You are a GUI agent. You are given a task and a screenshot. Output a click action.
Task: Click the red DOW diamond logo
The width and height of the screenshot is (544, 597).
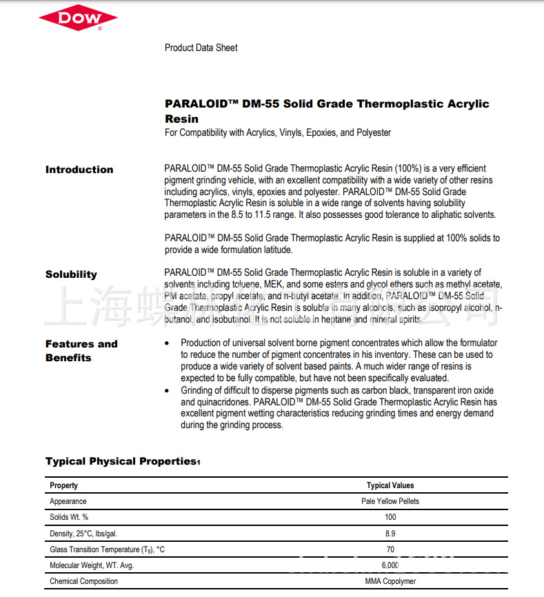coord(79,19)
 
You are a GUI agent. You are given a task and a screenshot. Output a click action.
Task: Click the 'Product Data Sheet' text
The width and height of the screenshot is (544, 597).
coord(201,48)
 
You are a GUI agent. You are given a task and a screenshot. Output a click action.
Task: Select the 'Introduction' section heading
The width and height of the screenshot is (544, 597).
coord(79,170)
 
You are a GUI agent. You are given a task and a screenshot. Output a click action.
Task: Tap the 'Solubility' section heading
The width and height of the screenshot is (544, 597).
coord(71,274)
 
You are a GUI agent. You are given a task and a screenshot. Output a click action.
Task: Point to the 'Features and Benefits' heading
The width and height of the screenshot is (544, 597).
coord(81,350)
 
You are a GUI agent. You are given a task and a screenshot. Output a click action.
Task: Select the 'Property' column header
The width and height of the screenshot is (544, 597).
coord(63,485)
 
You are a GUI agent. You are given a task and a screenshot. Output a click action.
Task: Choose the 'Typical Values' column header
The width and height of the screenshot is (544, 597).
coord(390,485)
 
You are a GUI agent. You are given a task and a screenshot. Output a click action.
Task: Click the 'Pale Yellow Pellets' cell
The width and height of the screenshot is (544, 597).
coord(390,501)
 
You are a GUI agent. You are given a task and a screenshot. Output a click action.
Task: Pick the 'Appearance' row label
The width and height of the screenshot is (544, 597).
coord(68,501)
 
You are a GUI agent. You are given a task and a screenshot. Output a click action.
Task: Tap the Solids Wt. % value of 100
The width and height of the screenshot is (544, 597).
coord(390,517)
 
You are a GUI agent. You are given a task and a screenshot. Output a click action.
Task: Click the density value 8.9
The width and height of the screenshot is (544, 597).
coord(390,533)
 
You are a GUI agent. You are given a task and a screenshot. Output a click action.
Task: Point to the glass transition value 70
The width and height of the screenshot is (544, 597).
coord(390,549)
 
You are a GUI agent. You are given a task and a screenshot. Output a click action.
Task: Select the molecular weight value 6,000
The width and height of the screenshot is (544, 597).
coord(390,565)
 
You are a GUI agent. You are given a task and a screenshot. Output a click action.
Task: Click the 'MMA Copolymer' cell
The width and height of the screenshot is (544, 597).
coord(390,581)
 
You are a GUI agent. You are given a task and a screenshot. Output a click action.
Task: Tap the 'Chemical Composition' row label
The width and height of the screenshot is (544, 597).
coord(83,581)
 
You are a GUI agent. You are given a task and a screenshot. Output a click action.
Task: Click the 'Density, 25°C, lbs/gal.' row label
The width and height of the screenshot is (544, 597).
coord(88,533)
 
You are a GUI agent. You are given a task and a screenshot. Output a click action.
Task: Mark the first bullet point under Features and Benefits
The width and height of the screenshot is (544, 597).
coord(168,343)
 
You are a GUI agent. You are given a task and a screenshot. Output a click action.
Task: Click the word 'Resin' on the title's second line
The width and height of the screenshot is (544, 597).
coord(181,119)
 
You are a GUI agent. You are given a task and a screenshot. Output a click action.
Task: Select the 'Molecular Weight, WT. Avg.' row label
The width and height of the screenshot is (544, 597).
coord(92,565)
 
